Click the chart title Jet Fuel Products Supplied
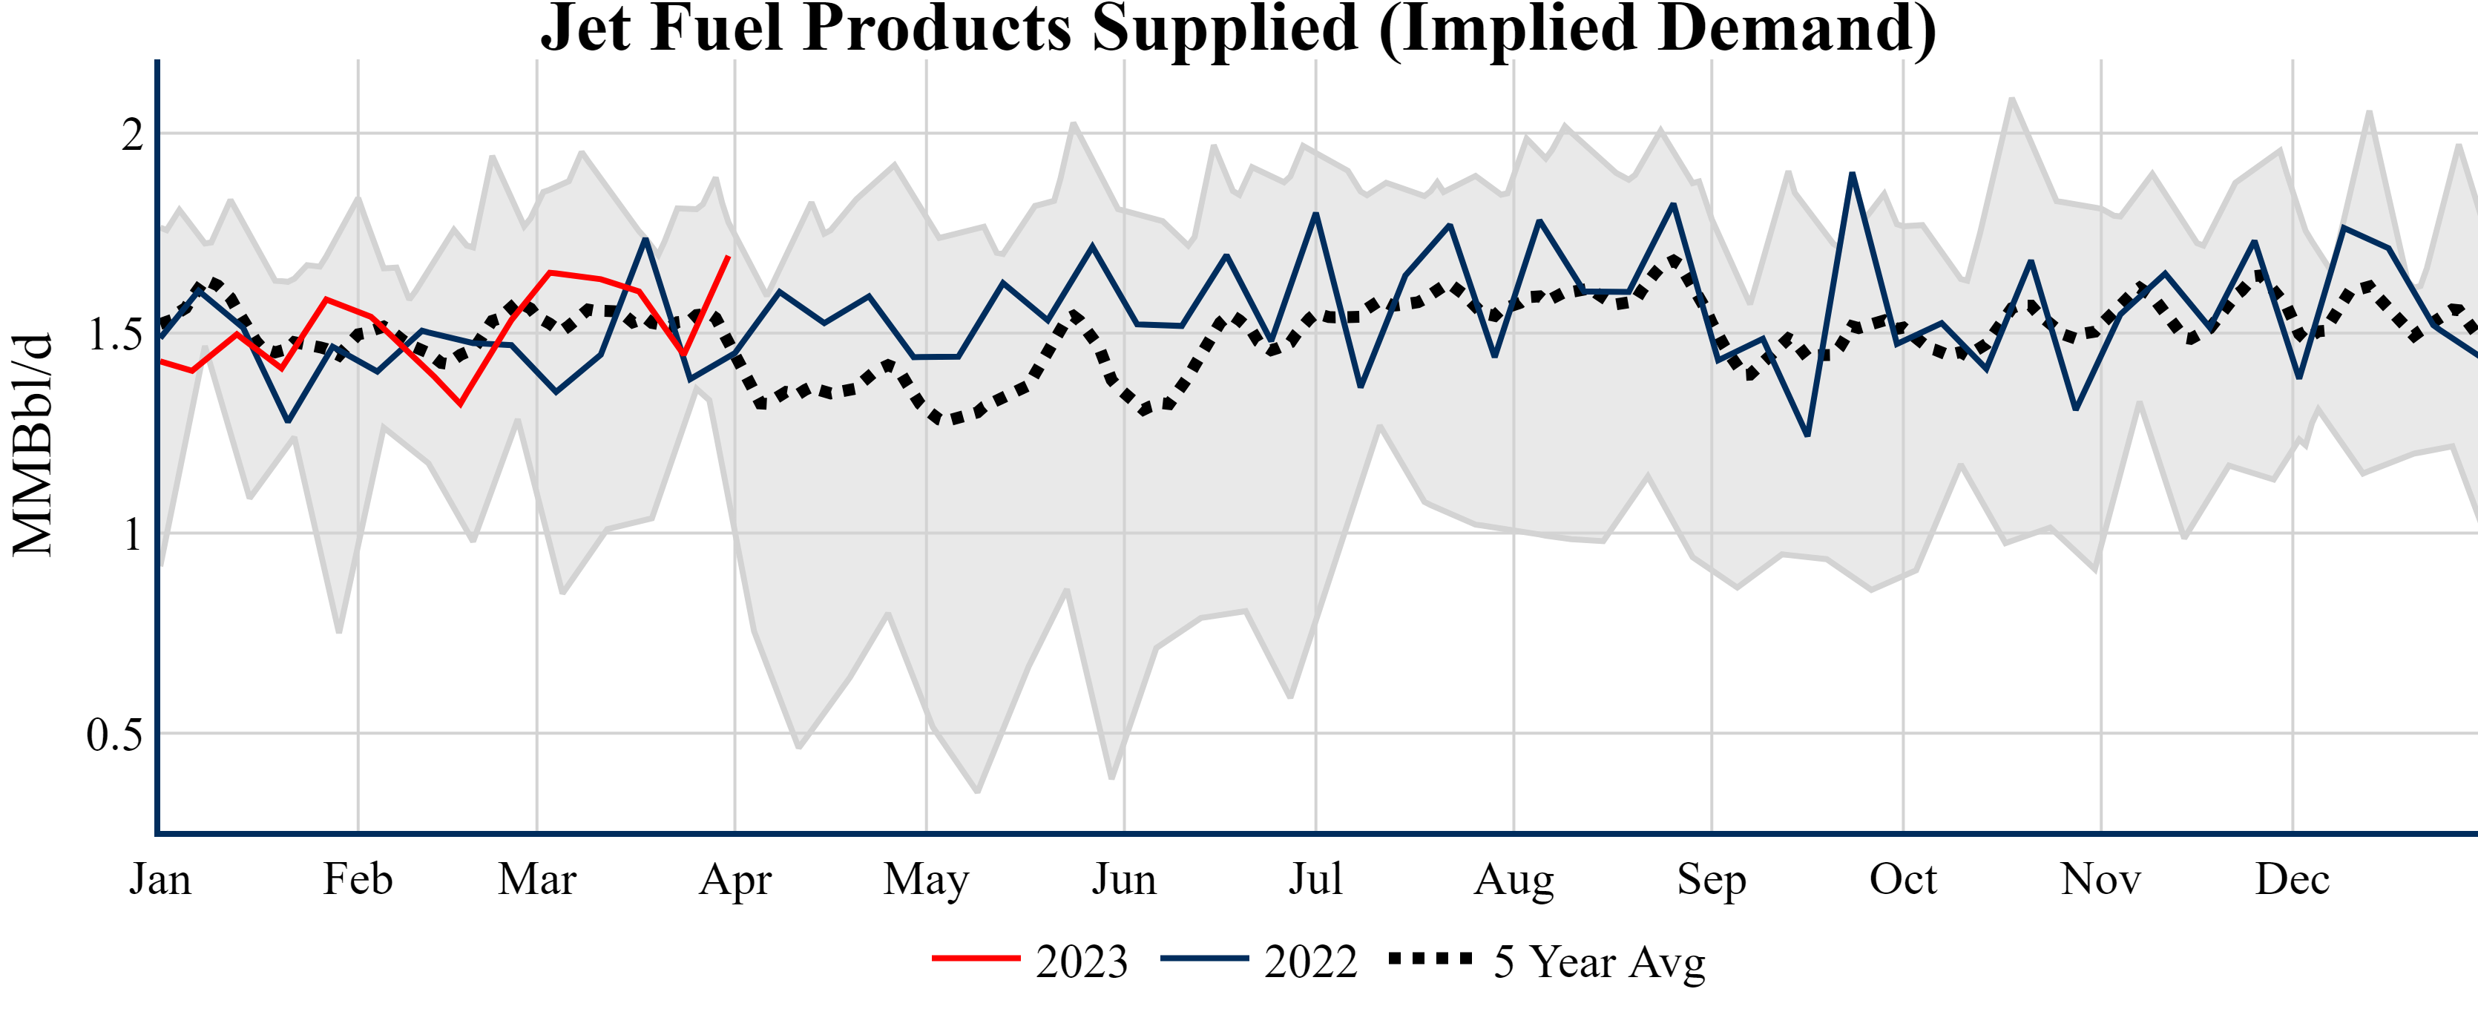(x=1238, y=29)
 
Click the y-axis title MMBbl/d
(x=33, y=445)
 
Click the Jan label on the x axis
(x=160, y=879)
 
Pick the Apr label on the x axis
(x=735, y=879)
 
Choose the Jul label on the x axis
(x=1315, y=879)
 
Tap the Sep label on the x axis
(x=1712, y=879)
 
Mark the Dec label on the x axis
(x=2293, y=879)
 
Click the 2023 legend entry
(x=1031, y=961)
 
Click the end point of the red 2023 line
(x=729, y=257)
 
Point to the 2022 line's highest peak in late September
(x=1852, y=174)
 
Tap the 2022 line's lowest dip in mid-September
(x=1807, y=435)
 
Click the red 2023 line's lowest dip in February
(x=461, y=404)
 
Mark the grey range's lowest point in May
(x=977, y=792)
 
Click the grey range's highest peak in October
(x=2011, y=98)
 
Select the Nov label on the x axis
(x=2100, y=879)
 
